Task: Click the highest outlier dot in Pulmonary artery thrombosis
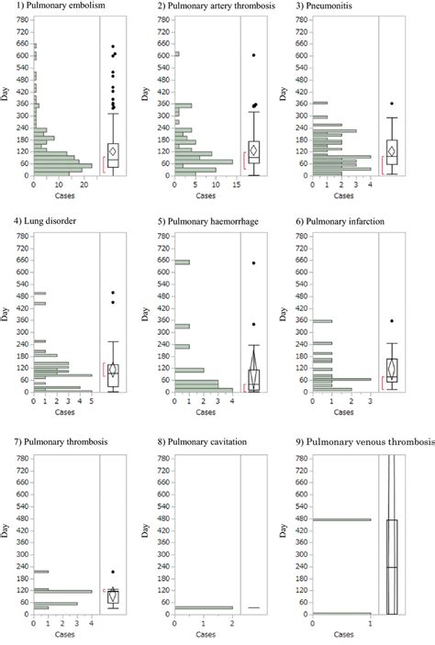(x=253, y=55)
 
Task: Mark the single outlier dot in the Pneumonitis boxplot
(x=392, y=104)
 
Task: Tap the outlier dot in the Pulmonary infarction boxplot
(x=392, y=321)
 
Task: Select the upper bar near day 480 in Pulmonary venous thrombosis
(x=341, y=519)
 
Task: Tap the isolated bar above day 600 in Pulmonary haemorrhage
(x=182, y=262)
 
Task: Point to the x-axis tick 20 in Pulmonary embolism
(x=83, y=183)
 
